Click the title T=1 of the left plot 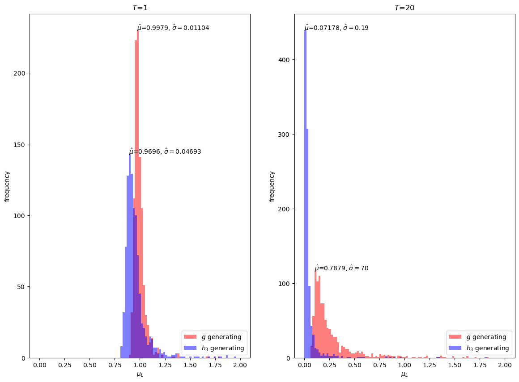pos(140,8)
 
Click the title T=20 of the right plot pos(404,8)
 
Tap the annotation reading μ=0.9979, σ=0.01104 pos(173,28)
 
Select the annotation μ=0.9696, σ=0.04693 pos(165,151)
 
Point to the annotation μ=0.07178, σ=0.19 pos(336,28)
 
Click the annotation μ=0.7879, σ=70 pos(341,268)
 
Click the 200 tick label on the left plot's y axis pos(20,73)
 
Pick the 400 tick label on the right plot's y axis pos(285,60)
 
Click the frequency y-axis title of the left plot pos(7,186)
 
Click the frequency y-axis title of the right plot pos(272,186)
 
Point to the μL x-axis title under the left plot pos(140,374)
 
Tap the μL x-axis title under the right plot pos(404,374)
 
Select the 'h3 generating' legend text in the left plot pos(222,348)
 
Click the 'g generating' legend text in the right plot pos(486,337)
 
